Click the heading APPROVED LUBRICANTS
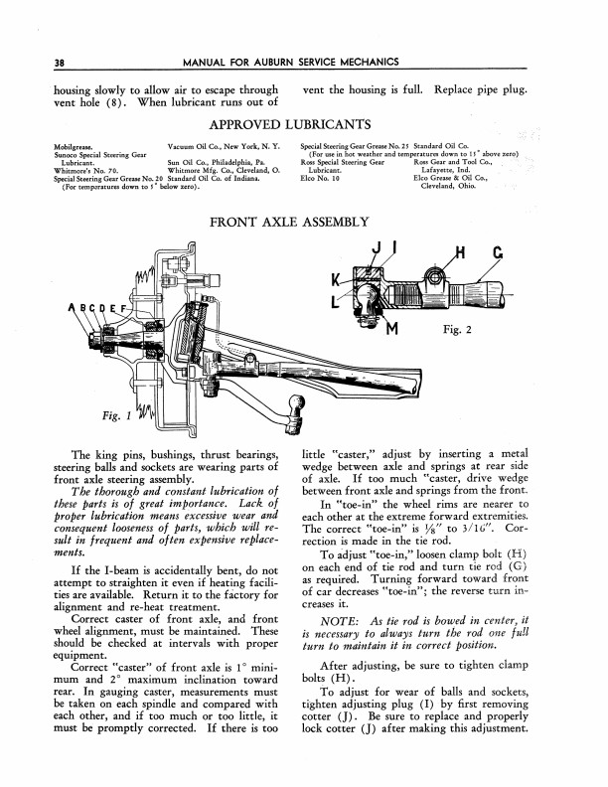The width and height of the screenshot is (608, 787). pos(303,127)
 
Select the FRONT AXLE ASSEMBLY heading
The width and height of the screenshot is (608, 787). pos(303,221)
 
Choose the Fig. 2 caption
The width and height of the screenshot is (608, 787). pos(464,329)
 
